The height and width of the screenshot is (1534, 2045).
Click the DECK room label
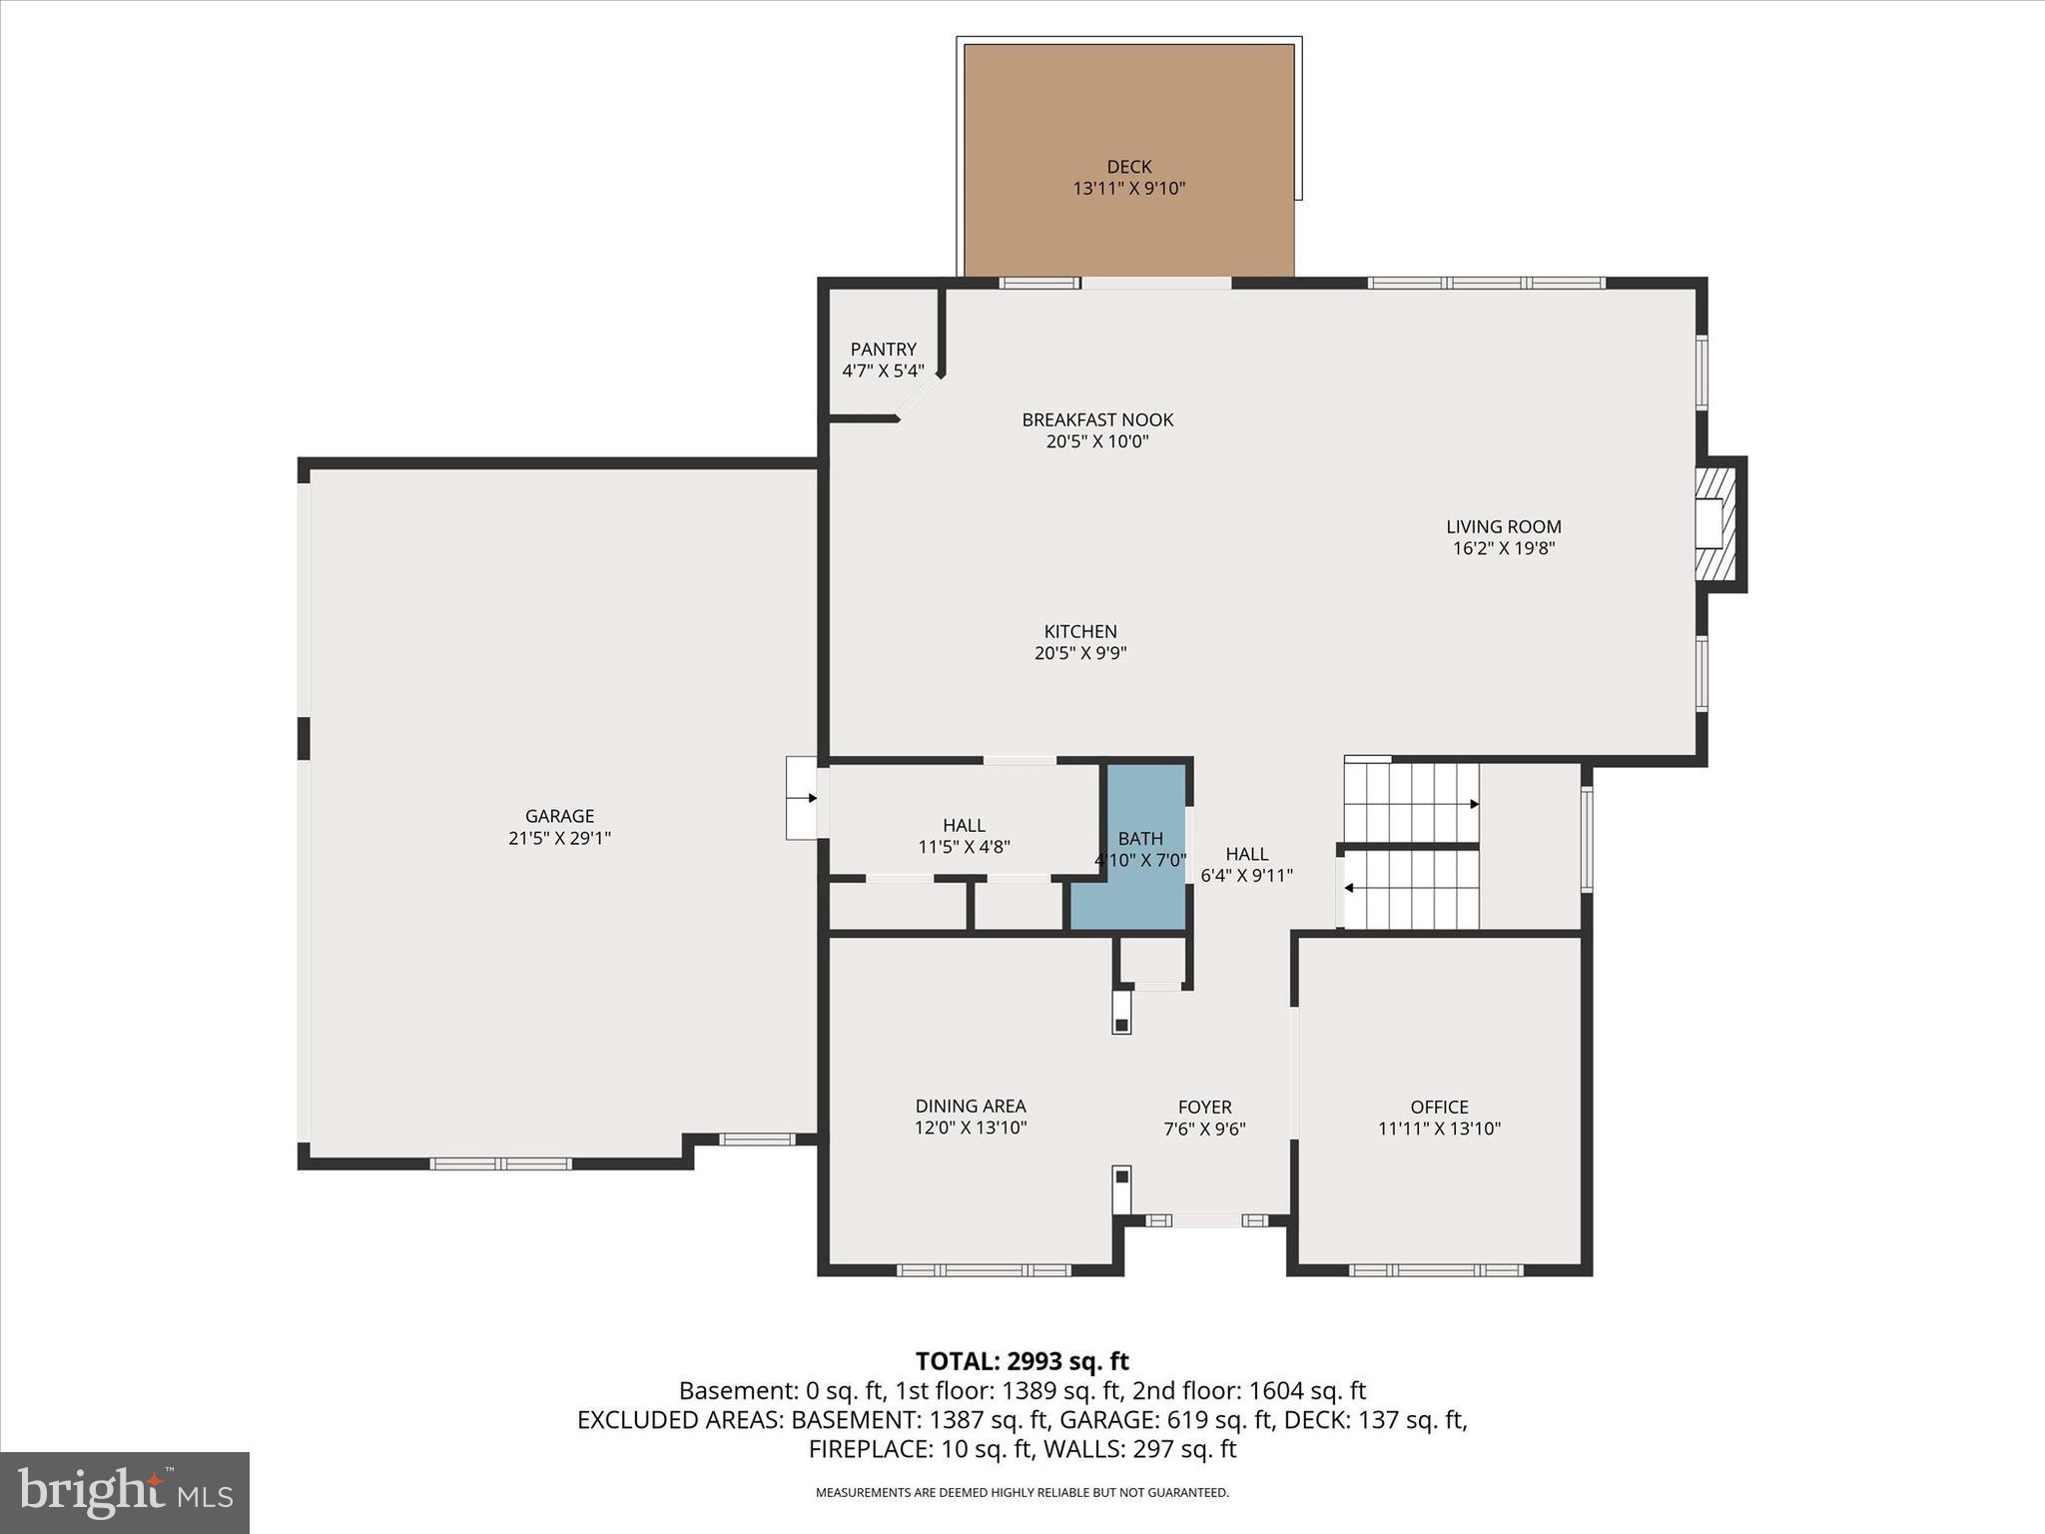pos(1128,167)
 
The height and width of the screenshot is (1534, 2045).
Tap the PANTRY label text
pos(883,350)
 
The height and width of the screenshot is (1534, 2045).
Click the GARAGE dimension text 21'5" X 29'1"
pos(559,839)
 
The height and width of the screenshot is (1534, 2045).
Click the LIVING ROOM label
pos(1503,526)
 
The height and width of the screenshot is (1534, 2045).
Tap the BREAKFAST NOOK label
pos(1097,419)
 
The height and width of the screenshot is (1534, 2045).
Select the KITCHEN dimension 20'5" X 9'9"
pos(1080,653)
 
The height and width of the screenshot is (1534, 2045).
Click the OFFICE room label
pos(1439,1107)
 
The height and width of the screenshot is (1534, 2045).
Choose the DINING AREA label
pos(971,1106)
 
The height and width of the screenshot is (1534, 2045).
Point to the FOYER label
pos(1204,1107)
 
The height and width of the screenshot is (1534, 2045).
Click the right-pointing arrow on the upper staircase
pos(1474,804)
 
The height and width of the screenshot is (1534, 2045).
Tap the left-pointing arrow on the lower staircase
pos(1349,888)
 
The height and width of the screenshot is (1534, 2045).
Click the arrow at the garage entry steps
pos(812,798)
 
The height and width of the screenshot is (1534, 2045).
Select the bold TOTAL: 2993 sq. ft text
pos(1022,1361)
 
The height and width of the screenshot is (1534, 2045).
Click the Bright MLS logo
pos(125,1492)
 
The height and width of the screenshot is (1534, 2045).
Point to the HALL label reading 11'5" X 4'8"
pos(964,836)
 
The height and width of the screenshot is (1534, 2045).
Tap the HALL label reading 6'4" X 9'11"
pos(1246,865)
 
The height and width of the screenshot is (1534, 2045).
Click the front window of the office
pos(1435,1270)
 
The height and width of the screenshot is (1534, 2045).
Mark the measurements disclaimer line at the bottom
pos(1022,1493)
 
